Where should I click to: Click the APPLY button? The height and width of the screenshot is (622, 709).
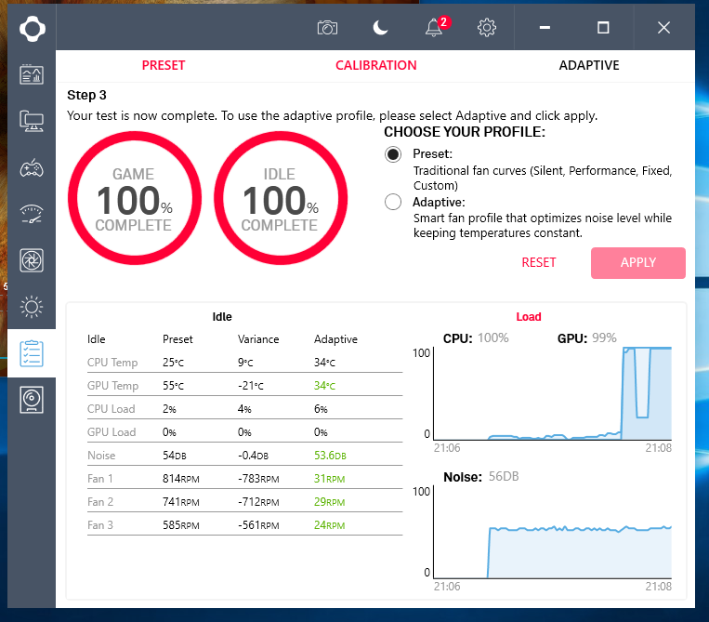tap(638, 263)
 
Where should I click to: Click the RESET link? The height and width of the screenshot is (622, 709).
tap(539, 263)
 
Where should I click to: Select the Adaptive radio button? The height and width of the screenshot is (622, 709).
tap(393, 202)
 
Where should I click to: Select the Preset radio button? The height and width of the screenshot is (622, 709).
tap(393, 154)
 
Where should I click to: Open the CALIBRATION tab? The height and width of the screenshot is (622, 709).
tap(375, 66)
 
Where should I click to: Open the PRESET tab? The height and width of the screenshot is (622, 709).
tap(164, 66)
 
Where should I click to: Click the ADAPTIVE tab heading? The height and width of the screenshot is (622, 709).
tap(588, 66)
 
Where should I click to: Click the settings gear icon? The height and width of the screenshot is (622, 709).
tap(486, 28)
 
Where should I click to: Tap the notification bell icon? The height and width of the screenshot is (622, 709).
tap(433, 28)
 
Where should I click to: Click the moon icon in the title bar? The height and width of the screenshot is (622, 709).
tap(380, 28)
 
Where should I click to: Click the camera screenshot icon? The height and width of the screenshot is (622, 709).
tap(327, 28)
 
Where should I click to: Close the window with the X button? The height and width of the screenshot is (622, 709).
tap(663, 28)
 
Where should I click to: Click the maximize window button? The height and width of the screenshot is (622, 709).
tap(603, 28)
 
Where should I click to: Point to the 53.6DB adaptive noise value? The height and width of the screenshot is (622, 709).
tap(330, 456)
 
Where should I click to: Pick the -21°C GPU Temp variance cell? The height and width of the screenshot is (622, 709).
tap(252, 386)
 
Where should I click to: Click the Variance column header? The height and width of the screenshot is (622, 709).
tap(258, 339)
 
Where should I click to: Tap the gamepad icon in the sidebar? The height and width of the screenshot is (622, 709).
tap(32, 167)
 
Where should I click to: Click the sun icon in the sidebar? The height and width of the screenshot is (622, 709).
tap(32, 306)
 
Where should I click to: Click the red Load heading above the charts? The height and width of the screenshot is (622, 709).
tap(529, 317)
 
